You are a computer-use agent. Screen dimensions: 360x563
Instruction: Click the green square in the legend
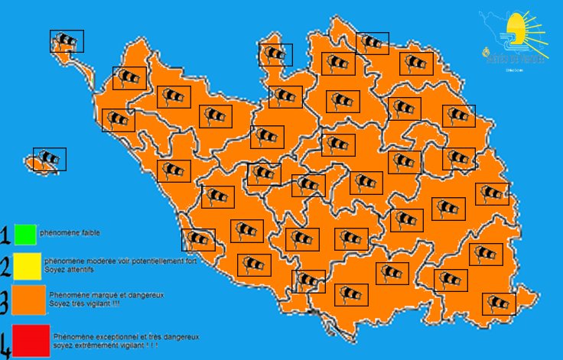[x=25, y=233]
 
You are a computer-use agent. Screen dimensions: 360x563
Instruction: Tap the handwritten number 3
[x=6, y=302]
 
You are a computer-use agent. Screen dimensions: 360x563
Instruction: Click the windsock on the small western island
[x=50, y=159]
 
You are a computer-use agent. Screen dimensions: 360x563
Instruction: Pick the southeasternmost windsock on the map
[x=499, y=303]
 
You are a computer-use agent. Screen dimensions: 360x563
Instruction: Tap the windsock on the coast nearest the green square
[x=198, y=240]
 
